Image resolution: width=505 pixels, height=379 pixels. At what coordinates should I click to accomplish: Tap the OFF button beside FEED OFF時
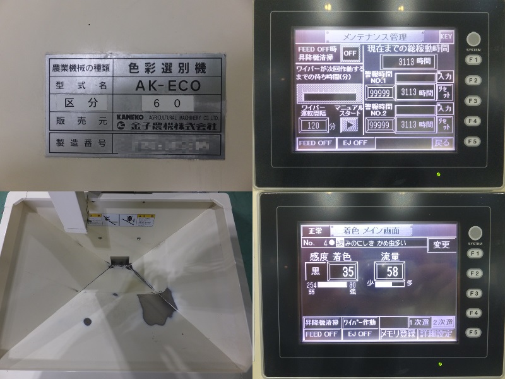click(349, 53)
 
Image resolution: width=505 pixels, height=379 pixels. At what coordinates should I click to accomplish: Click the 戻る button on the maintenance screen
click(443, 143)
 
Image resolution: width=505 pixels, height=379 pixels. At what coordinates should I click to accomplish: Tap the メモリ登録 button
click(398, 334)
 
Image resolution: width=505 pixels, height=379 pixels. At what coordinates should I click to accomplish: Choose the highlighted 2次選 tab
click(443, 322)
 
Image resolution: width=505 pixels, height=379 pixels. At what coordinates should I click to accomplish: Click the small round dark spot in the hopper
click(87, 322)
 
